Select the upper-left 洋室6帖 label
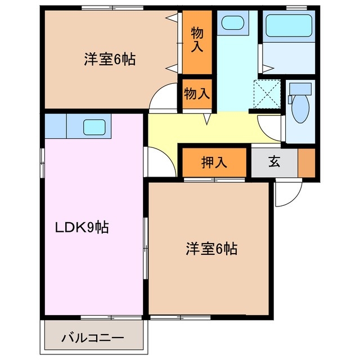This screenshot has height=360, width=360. point(110,59)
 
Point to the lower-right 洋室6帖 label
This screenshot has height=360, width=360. point(211,248)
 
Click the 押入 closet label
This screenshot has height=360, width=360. point(214,163)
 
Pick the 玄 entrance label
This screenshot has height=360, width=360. point(274,162)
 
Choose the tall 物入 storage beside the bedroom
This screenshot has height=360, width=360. point(196,40)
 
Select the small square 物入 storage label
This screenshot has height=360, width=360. point(196,94)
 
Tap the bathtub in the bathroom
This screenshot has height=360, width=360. point(289,25)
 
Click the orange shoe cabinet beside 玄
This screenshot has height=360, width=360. point(307,162)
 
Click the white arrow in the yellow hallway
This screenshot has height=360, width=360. point(207,119)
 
